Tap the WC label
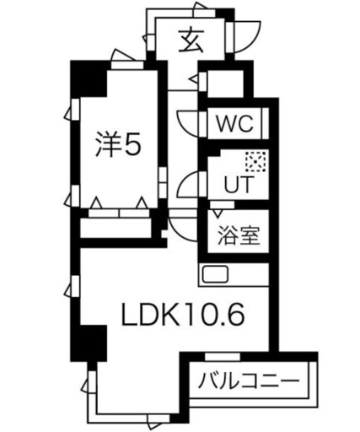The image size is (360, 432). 234,123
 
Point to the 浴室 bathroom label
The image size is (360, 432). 239,235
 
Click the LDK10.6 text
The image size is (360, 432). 183,314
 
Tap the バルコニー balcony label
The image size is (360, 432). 249,381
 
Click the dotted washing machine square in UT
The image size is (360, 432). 256,162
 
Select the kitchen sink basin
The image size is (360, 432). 216,274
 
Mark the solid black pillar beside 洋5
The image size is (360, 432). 89,78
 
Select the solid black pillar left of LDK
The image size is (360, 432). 89,343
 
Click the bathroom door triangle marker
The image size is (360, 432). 217,213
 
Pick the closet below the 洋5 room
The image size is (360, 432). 116,228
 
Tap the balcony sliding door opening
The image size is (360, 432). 223,356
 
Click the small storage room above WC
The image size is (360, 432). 225,84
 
